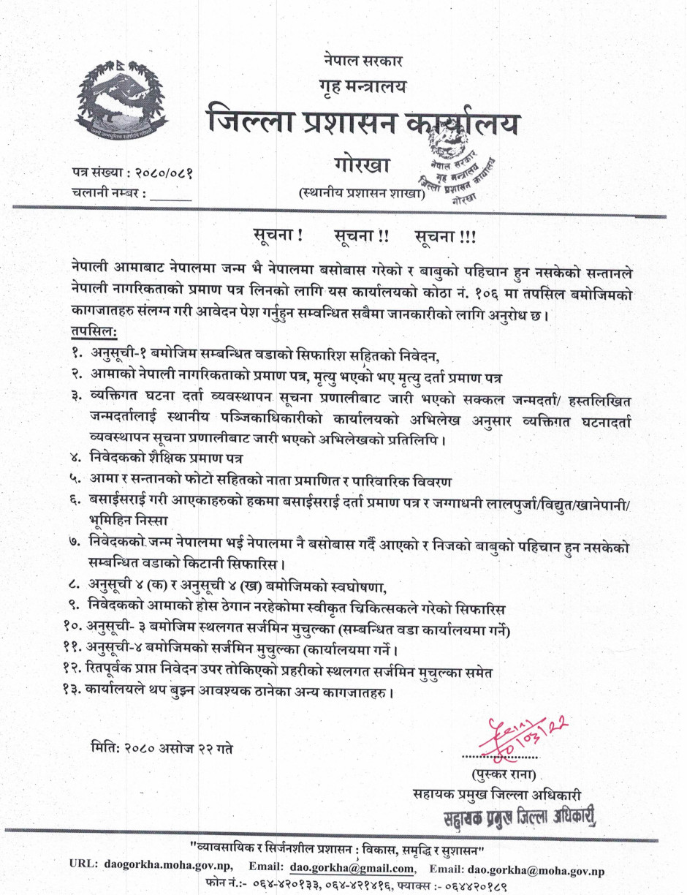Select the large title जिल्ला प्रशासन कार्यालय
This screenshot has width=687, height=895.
pos(363,124)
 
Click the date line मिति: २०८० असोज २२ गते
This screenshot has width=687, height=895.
pos(164,749)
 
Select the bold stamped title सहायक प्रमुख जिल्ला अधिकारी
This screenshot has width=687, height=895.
pos(520,815)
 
